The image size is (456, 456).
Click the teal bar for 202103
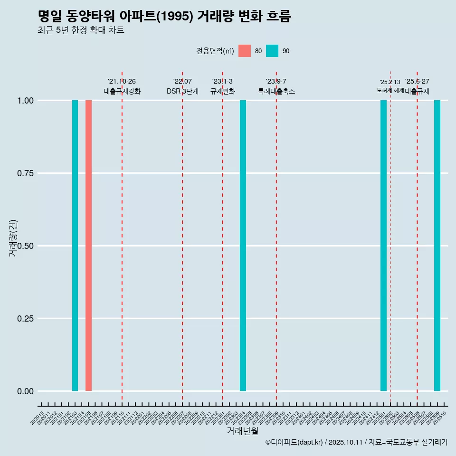[75, 246]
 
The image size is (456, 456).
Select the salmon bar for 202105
[88, 246]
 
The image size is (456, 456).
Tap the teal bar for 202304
[243, 246]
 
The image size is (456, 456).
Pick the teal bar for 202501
[383, 246]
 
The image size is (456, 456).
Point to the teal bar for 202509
[437, 246]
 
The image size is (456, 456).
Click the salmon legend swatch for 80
[245, 51]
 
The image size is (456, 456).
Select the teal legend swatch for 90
[272, 51]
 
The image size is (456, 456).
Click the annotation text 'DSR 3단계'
[182, 91]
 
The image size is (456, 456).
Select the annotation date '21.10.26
[122, 81]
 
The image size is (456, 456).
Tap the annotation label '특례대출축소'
[276, 91]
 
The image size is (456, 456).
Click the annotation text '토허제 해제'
[390, 90]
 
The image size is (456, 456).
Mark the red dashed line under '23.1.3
[223, 237]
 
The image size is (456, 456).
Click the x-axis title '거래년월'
[242, 431]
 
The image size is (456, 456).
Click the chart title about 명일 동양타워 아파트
[164, 16]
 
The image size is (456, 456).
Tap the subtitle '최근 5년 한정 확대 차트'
[81, 30]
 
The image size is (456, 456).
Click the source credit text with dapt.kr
[356, 442]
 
